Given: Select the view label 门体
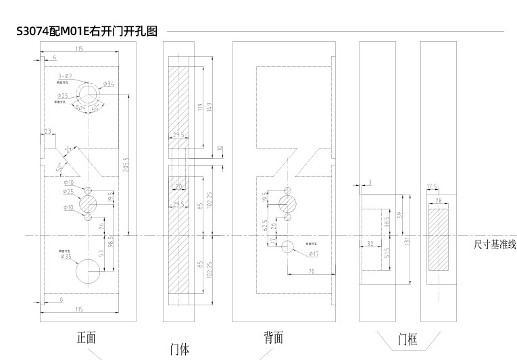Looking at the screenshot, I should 179,350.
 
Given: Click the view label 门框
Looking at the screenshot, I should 408,339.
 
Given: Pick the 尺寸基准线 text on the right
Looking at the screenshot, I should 495,245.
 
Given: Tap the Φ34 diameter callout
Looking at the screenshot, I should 109,84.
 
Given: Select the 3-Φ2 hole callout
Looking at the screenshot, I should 66,78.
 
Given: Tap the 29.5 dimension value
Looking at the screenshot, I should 178,135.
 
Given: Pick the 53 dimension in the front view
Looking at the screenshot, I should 101,253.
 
